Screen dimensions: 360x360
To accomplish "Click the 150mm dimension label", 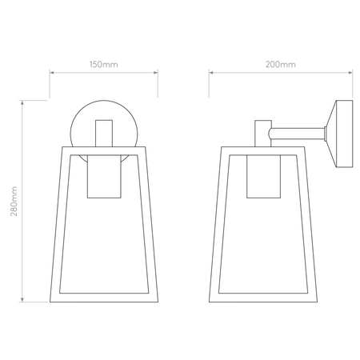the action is [x=103, y=65].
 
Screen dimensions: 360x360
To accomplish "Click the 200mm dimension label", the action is [x=281, y=65].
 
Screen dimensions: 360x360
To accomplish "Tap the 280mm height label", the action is [x=14, y=202].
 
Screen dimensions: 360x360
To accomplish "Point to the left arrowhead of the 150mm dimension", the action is [x=52, y=73].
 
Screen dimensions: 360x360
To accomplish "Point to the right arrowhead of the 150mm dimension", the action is [x=155, y=73].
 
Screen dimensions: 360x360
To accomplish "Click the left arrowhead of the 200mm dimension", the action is [x=211, y=73].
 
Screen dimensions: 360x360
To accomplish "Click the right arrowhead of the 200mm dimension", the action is [x=350, y=73].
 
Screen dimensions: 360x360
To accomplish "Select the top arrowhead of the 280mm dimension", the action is [x=22, y=103].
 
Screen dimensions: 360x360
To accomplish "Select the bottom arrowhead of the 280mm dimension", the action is [x=22, y=299].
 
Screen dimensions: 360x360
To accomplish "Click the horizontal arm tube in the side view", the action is [x=298, y=134].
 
